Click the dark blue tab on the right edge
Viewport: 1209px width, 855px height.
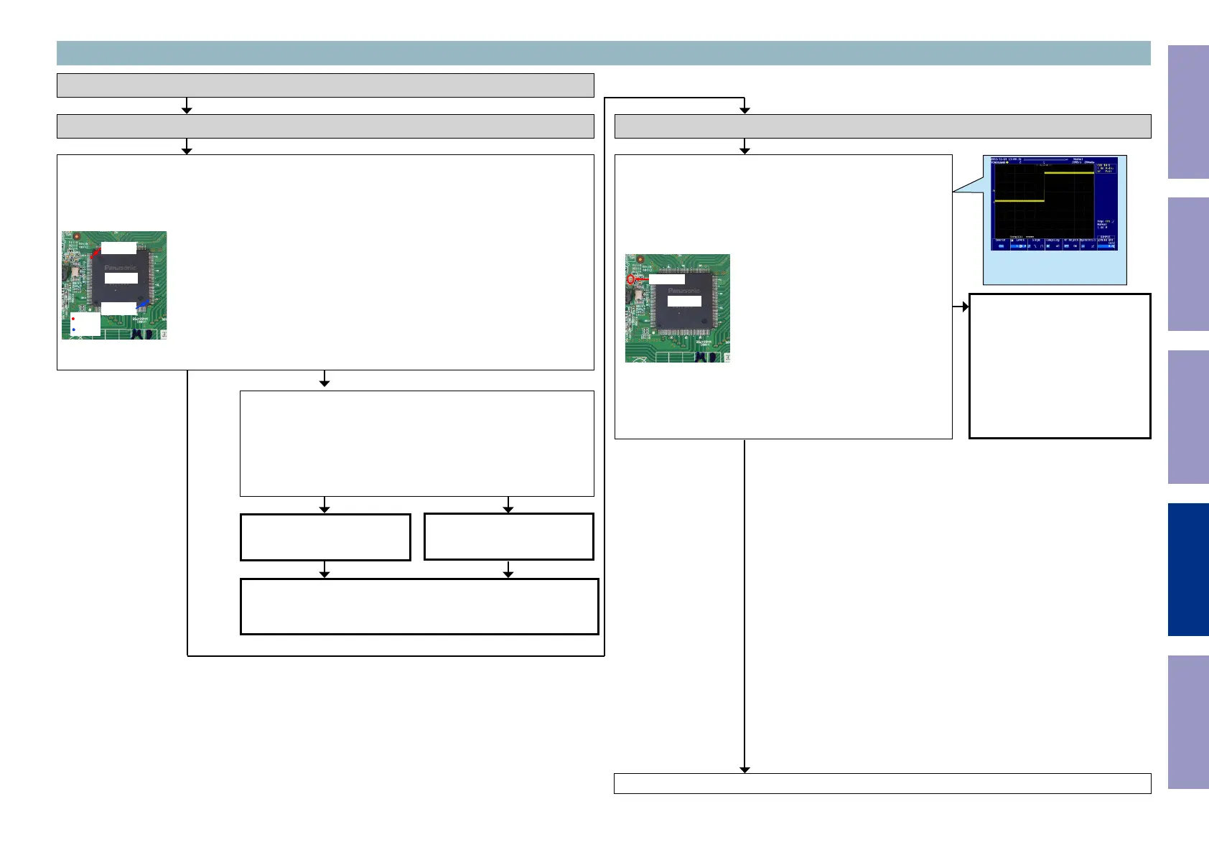tap(1188, 569)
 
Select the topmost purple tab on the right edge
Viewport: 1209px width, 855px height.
tap(1188, 112)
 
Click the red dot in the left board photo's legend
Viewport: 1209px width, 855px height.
tap(73, 319)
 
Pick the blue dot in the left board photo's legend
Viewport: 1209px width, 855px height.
tap(73, 330)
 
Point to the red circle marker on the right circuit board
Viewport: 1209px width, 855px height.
tap(631, 279)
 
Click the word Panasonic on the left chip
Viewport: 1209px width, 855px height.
tap(121, 267)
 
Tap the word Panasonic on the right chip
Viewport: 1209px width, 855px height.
tap(683, 290)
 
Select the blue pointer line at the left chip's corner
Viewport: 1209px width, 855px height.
tap(143, 304)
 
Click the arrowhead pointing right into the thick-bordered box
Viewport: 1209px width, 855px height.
tap(965, 307)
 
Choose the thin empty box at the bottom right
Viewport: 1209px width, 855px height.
tap(882, 783)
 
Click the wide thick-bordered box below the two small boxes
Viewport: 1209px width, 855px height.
tap(419, 607)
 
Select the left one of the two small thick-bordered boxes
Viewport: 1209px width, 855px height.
tap(325, 537)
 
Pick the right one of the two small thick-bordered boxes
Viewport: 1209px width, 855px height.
tap(509, 536)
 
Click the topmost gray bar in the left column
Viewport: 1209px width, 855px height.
tap(325, 85)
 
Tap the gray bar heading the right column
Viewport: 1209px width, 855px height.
tap(882, 126)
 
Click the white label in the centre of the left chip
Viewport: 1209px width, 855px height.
tap(121, 278)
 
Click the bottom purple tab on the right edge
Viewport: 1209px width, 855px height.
tap(1188, 721)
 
